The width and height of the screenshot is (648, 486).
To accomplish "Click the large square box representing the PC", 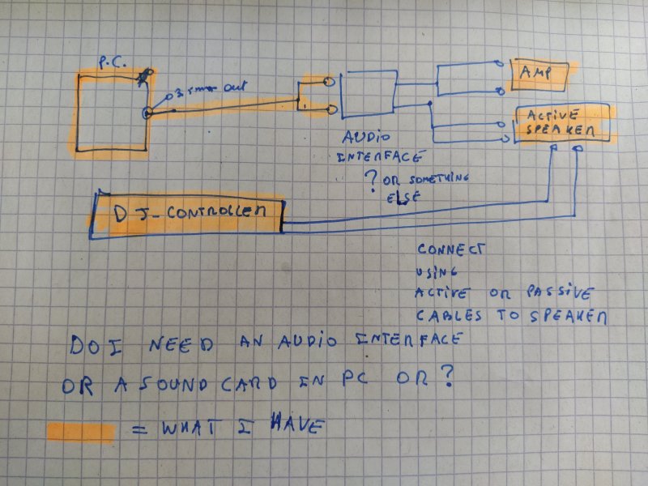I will click(112, 112).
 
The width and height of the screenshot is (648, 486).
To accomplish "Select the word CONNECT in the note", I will click(450, 250).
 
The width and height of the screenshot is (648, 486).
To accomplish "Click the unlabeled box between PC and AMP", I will click(368, 94).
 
